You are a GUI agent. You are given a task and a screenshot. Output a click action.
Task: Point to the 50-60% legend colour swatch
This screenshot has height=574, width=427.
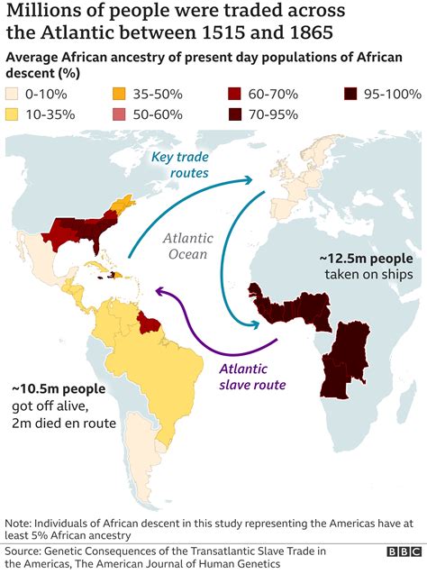click(x=119, y=114)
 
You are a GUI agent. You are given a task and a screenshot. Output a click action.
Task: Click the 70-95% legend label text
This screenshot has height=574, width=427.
click(x=276, y=114)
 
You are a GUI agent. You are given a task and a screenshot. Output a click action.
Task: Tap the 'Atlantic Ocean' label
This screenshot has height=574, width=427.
click(x=187, y=246)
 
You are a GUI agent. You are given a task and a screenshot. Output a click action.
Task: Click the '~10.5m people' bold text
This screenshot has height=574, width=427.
click(x=59, y=389)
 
